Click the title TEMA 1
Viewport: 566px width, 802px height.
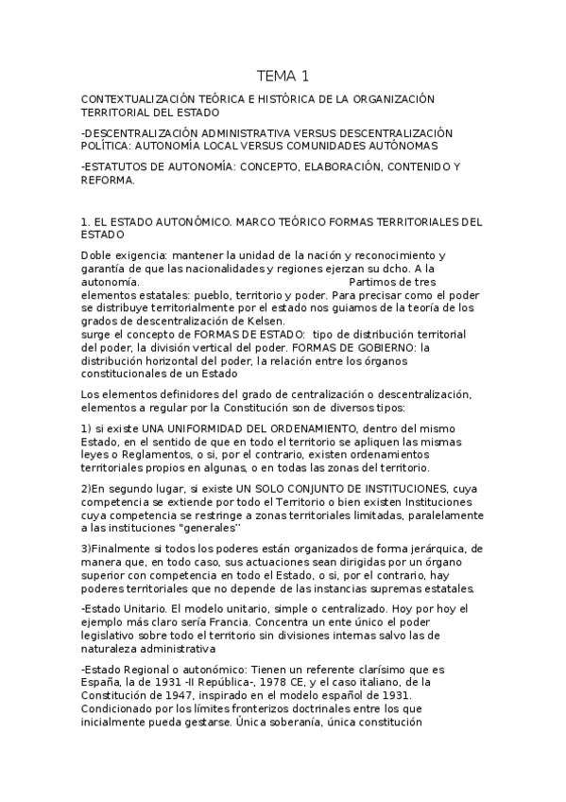[x=283, y=76]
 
